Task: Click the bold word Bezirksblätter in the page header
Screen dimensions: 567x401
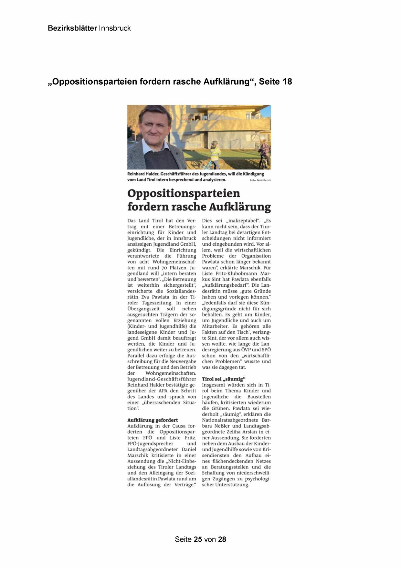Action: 72,28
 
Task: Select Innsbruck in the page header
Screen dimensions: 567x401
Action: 115,28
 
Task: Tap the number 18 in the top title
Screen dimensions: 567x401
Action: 287,82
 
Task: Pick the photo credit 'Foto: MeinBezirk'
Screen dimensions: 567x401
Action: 260,180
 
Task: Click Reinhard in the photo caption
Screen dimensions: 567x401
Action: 136,174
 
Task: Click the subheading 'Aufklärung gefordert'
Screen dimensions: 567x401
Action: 153,420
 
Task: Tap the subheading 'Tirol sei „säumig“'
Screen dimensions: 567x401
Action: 224,379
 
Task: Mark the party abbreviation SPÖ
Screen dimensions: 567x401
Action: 266,350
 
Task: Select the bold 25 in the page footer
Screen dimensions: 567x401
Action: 198,539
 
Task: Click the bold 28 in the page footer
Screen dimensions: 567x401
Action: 222,539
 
